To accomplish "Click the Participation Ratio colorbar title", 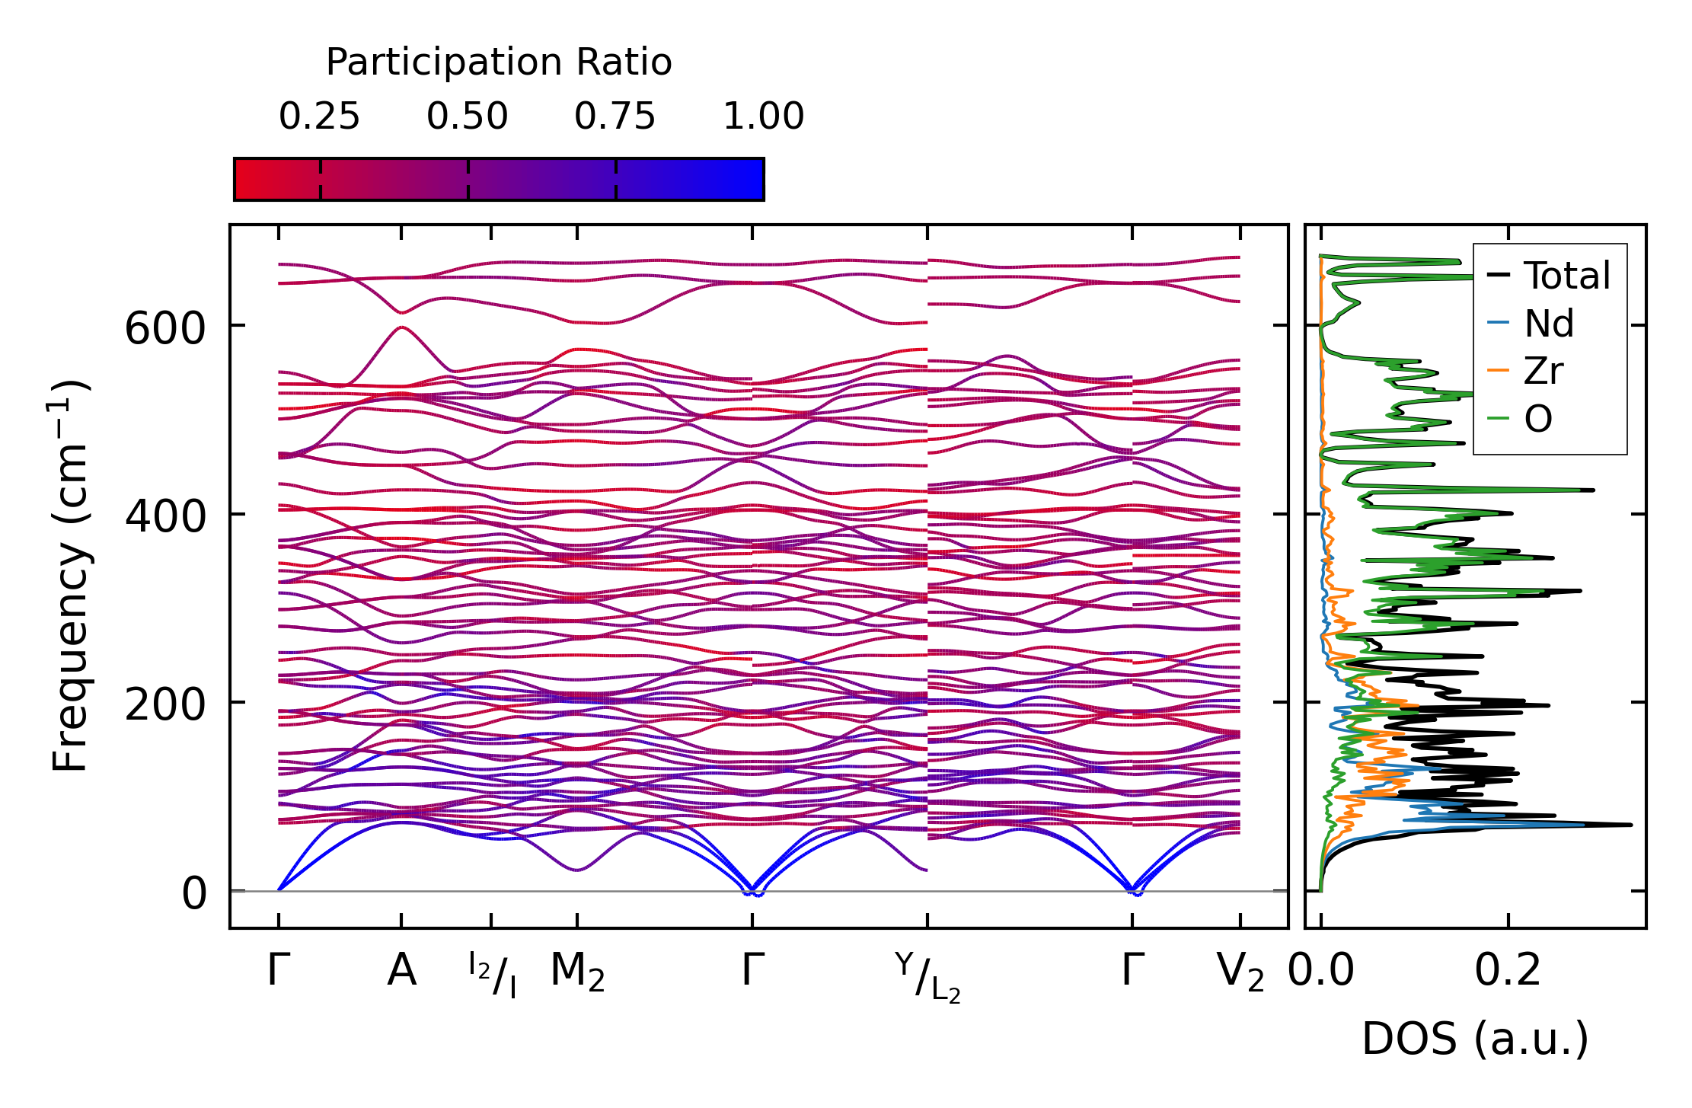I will point(499,62).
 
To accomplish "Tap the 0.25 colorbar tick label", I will point(319,117).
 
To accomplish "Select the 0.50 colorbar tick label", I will point(467,117).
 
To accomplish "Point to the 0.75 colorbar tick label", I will point(615,117).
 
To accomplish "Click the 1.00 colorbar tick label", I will point(763,117).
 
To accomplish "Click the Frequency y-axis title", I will point(70,576).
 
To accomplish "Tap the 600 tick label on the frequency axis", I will point(165,330).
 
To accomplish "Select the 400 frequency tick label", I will point(165,517).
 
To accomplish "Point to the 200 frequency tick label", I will point(165,705).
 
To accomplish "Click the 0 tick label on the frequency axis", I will point(193,893).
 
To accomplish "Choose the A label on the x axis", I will point(401,971).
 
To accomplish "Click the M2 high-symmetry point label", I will point(577,972).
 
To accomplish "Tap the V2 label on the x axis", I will point(1240,972).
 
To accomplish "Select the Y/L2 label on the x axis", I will point(927,978).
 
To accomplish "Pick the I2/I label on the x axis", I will point(492,975).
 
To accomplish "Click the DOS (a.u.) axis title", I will point(1475,1039).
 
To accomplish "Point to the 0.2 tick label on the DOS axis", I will point(1508,971).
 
